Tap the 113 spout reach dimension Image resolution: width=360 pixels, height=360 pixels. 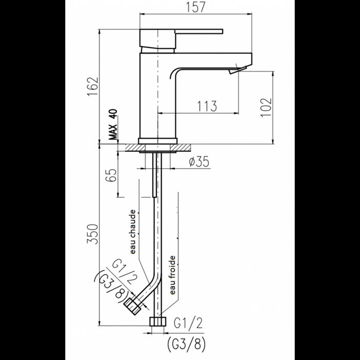pyautogui.click(x=206, y=106)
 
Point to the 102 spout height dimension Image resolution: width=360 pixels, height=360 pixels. pyautogui.click(x=266, y=107)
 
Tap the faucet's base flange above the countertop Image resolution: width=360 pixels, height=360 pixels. pyautogui.click(x=157, y=140)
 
